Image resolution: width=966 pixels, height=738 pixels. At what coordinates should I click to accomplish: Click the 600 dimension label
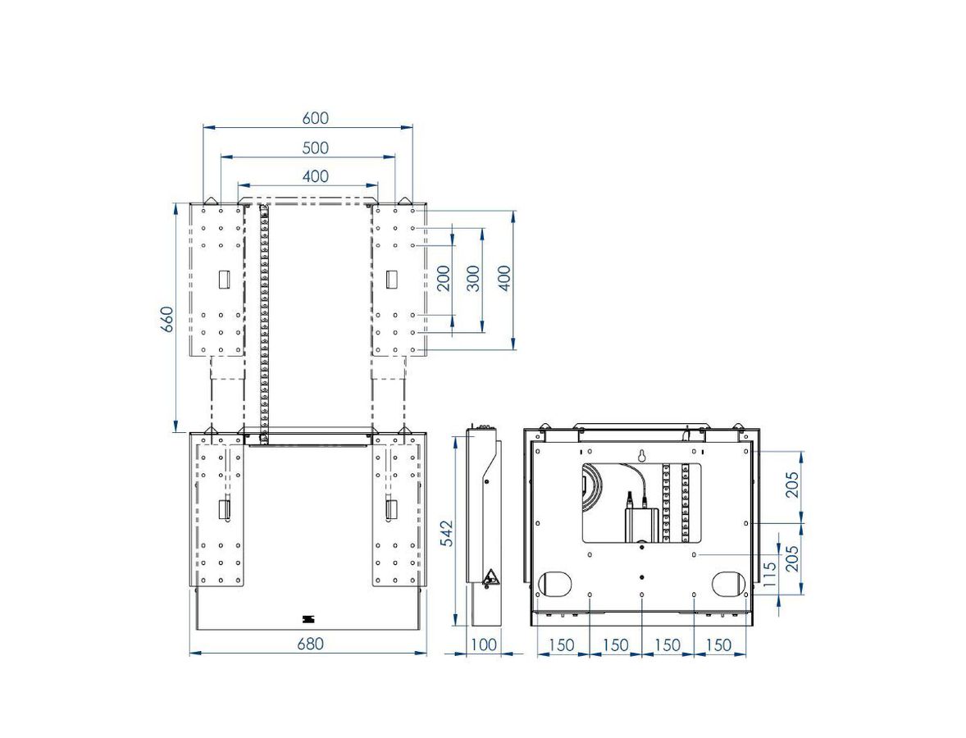tap(315, 117)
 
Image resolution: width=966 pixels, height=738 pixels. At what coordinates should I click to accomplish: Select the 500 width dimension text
tap(315, 148)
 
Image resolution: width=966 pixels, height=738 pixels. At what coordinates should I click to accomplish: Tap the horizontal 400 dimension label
tap(315, 176)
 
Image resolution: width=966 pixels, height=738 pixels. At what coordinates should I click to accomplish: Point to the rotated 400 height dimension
tap(504, 279)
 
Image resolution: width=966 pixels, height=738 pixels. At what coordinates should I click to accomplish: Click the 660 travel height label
tap(167, 318)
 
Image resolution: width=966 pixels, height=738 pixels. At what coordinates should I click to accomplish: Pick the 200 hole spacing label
tap(443, 279)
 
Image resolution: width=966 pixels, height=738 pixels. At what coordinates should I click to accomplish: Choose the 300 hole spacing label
tap(472, 279)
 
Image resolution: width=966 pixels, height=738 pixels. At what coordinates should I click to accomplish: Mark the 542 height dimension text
tap(446, 533)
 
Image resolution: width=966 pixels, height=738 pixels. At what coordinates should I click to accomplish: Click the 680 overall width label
tap(310, 644)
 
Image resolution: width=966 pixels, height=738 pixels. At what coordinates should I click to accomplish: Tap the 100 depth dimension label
tap(484, 645)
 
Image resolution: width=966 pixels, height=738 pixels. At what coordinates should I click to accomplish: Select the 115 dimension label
tap(769, 574)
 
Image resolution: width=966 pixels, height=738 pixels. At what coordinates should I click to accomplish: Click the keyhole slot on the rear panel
tap(642, 457)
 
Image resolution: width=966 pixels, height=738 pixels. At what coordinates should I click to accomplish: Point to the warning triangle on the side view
tap(491, 578)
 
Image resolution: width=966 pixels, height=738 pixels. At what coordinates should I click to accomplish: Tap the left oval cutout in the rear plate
tap(555, 582)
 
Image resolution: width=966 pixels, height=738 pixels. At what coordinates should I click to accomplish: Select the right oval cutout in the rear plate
tap(729, 582)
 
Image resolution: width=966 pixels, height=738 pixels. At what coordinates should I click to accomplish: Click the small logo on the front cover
tap(308, 618)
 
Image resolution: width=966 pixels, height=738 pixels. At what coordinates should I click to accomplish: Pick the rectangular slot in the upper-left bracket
tap(224, 280)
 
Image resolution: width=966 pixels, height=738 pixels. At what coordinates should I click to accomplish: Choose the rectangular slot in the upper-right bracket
tap(392, 280)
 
